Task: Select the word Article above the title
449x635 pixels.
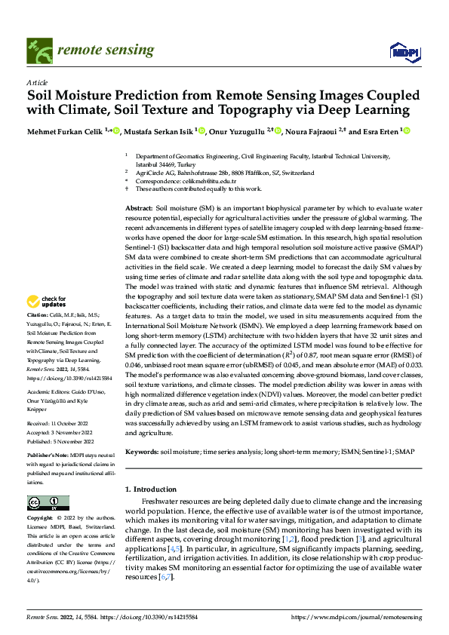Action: (37, 82)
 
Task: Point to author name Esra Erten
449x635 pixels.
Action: (382, 131)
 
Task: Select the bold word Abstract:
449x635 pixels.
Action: (139, 207)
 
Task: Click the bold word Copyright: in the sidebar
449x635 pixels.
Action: (40, 519)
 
